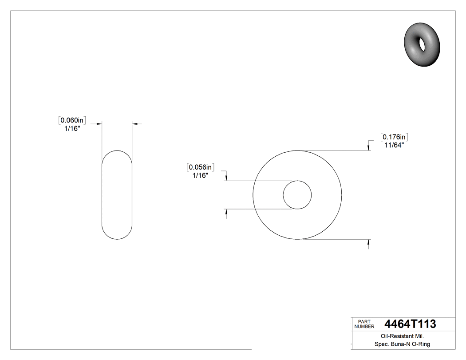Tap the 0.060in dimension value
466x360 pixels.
(x=72, y=120)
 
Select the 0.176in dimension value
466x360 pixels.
(x=394, y=137)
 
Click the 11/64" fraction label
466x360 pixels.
(x=394, y=145)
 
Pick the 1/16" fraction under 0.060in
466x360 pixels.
(x=72, y=128)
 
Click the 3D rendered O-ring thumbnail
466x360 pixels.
(x=423, y=44)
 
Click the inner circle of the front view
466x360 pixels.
(x=297, y=194)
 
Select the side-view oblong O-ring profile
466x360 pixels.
(x=117, y=194)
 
